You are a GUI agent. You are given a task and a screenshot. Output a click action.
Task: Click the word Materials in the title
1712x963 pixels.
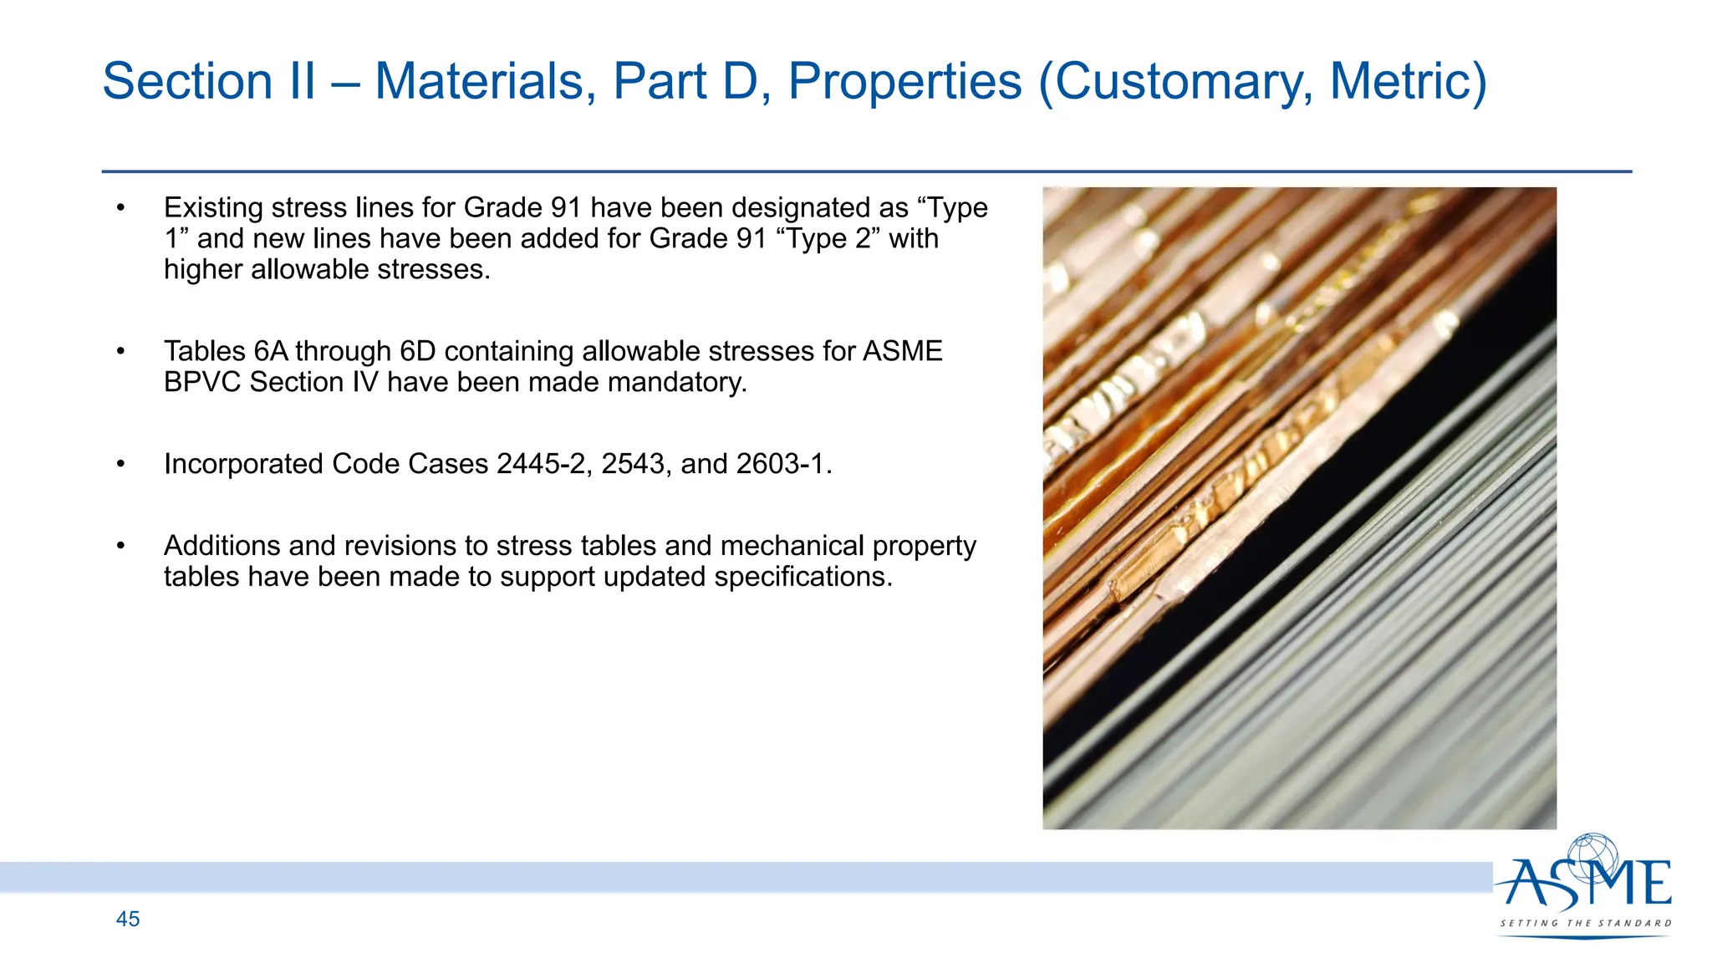[485, 82]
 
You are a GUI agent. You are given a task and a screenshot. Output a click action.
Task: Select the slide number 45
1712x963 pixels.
[128, 919]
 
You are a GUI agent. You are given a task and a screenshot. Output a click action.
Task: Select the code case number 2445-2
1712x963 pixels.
[541, 464]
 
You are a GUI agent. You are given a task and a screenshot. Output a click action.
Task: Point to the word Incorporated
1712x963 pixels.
[243, 464]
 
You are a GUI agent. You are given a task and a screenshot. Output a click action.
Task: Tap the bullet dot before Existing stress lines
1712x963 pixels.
[120, 208]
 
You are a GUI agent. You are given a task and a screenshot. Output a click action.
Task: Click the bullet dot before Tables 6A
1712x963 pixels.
[120, 352]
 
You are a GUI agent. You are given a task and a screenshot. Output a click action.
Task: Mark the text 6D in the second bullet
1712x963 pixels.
[418, 351]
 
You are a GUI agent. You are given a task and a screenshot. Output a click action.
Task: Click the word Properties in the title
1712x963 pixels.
[904, 82]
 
